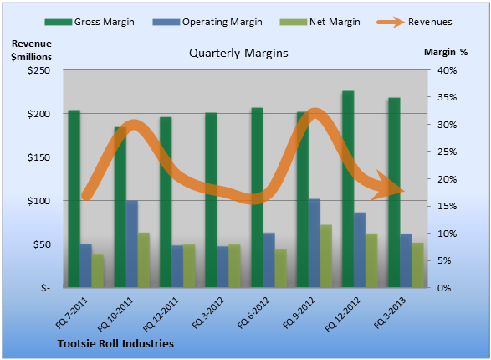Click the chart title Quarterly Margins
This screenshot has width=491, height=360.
tap(238, 54)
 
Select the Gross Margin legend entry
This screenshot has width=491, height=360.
tap(90, 22)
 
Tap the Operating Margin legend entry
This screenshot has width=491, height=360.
tap(207, 22)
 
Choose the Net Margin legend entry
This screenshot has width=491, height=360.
tap(320, 22)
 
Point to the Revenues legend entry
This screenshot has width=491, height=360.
tap(414, 22)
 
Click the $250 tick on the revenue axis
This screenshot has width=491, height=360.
tap(38, 70)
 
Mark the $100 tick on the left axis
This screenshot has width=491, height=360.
tap(38, 201)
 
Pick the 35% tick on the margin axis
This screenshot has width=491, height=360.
tap(447, 97)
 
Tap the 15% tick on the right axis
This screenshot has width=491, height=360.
tap(447, 206)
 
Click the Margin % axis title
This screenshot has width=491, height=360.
tap(446, 52)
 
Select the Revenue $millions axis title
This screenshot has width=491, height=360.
tap(31, 50)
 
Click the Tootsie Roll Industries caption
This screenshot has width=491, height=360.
tap(115, 344)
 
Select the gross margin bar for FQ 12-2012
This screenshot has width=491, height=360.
tap(348, 189)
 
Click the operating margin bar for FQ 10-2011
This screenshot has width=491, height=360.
tap(132, 244)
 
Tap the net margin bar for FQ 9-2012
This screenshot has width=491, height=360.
tap(326, 256)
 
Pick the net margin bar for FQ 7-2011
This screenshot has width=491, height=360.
tap(97, 270)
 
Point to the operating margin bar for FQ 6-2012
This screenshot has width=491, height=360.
tap(269, 260)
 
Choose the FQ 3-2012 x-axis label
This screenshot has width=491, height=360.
tap(208, 312)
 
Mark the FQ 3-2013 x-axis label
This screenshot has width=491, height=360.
tap(390, 312)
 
